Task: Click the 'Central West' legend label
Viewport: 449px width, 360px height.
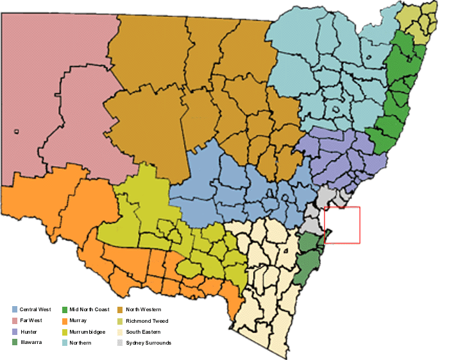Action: click(x=35, y=309)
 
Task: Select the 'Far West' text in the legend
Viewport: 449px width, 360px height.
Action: click(x=31, y=320)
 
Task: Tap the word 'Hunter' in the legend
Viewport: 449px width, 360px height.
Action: click(x=28, y=331)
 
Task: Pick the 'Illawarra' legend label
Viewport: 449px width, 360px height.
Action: click(x=31, y=343)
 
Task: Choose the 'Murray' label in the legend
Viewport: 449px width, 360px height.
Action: click(x=79, y=320)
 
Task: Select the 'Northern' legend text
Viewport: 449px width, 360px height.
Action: click(x=81, y=343)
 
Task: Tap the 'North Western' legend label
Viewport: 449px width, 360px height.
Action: click(x=144, y=309)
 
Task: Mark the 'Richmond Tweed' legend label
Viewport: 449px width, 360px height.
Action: click(x=147, y=320)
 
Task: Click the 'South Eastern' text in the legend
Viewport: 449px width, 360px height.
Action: click(x=143, y=331)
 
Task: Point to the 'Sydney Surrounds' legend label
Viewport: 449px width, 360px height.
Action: click(x=149, y=343)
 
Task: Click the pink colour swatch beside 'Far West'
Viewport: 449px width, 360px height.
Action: click(x=14, y=320)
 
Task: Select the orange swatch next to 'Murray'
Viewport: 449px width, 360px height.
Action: click(x=64, y=320)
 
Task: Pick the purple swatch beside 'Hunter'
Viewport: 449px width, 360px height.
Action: click(x=14, y=331)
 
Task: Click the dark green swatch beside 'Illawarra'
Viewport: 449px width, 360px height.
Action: click(x=14, y=343)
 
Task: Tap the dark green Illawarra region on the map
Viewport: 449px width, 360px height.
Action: click(x=310, y=263)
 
